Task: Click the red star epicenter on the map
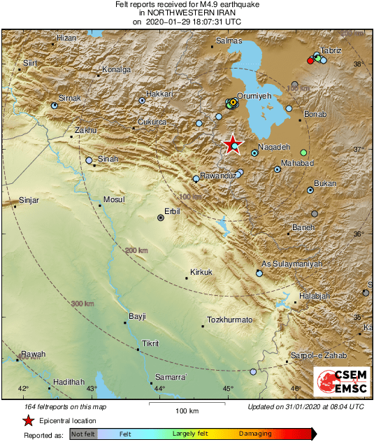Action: [x=233, y=144]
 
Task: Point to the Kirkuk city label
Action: [x=201, y=272]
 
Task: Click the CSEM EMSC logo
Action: [x=338, y=383]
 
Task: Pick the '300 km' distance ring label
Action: [x=82, y=303]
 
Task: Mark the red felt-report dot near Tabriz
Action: [x=310, y=61]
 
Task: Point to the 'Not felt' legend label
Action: [x=82, y=434]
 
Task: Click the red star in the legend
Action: [x=28, y=420]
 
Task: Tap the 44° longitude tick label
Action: [x=159, y=389]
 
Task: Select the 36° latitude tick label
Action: [x=358, y=234]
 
